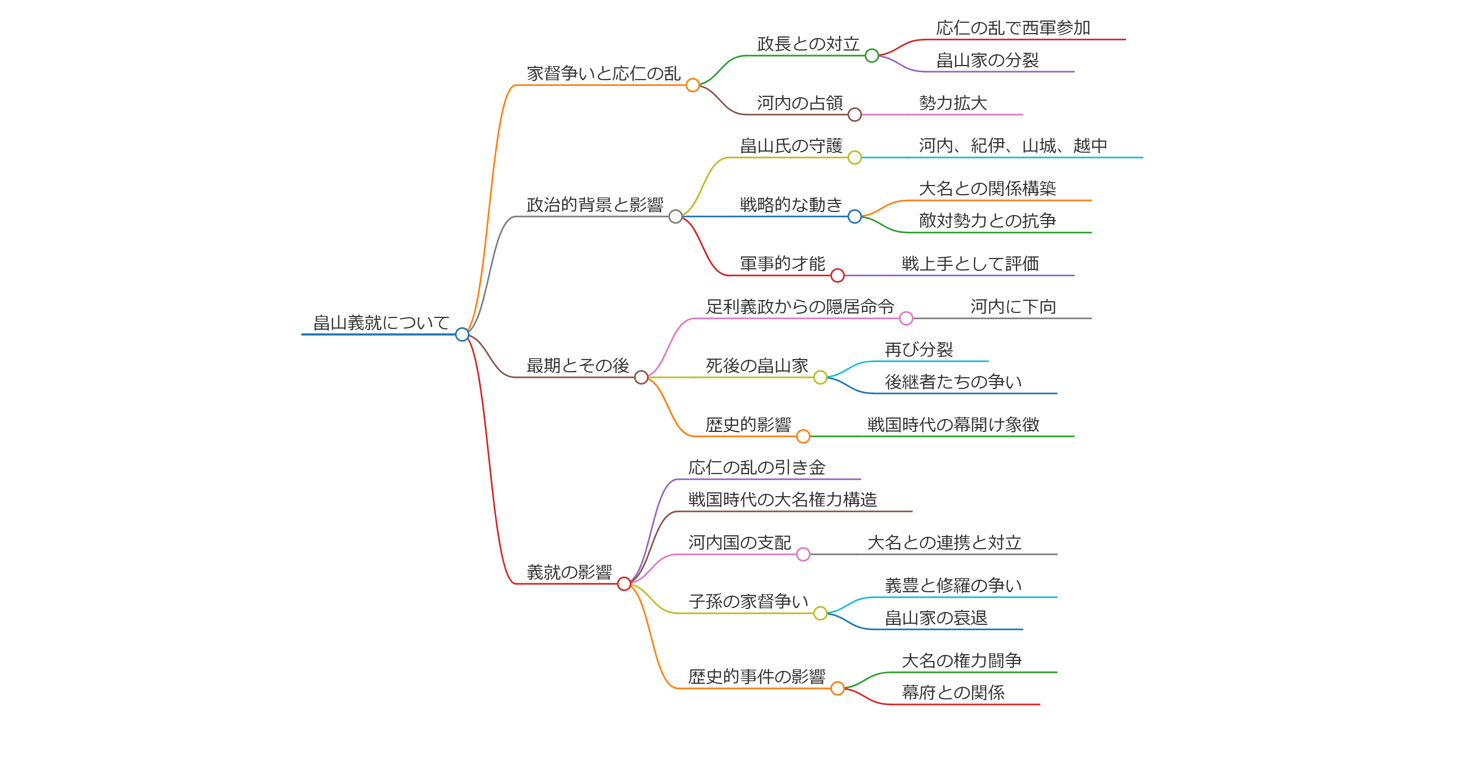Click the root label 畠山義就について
(x=381, y=323)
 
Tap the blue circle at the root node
(x=462, y=334)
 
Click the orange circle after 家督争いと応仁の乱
(x=693, y=85)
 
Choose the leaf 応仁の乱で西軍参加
(x=1013, y=28)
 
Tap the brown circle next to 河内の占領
(x=854, y=114)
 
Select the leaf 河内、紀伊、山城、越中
(x=1012, y=146)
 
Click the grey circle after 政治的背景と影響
(x=676, y=217)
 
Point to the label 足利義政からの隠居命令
(x=800, y=307)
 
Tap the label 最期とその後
(x=577, y=366)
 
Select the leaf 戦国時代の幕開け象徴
(x=953, y=425)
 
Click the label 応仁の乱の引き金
(x=757, y=468)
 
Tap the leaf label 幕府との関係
(x=953, y=693)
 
